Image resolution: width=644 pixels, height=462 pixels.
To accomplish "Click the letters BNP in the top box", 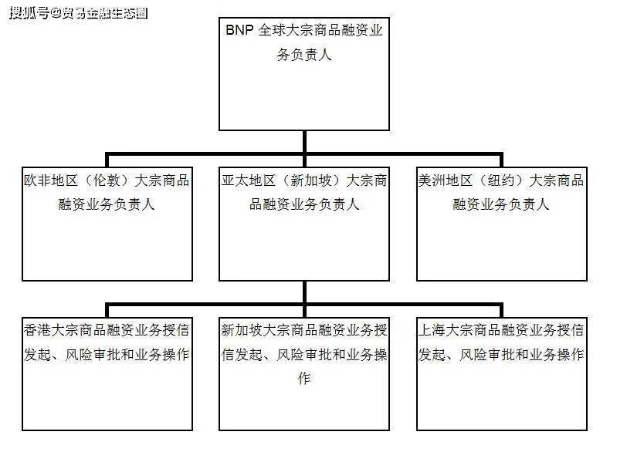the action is pos(239,29).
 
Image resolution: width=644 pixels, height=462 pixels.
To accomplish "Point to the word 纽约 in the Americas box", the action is pos(501,180).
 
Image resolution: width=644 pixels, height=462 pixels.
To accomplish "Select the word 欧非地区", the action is pos(51,180).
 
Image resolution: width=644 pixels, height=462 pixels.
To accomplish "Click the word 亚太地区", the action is pos(249,180).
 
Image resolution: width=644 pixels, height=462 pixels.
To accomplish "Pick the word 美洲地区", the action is pos(446,180).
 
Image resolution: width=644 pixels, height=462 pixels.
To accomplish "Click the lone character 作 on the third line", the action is pos(304,378).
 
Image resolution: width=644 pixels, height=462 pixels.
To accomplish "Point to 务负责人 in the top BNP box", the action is pos(304,54).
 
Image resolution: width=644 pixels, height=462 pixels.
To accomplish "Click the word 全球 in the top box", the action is pos(272,29).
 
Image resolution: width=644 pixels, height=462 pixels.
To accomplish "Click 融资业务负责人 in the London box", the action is pos(107,204).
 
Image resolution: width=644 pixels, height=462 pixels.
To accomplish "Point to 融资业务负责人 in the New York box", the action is pos(501,204).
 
